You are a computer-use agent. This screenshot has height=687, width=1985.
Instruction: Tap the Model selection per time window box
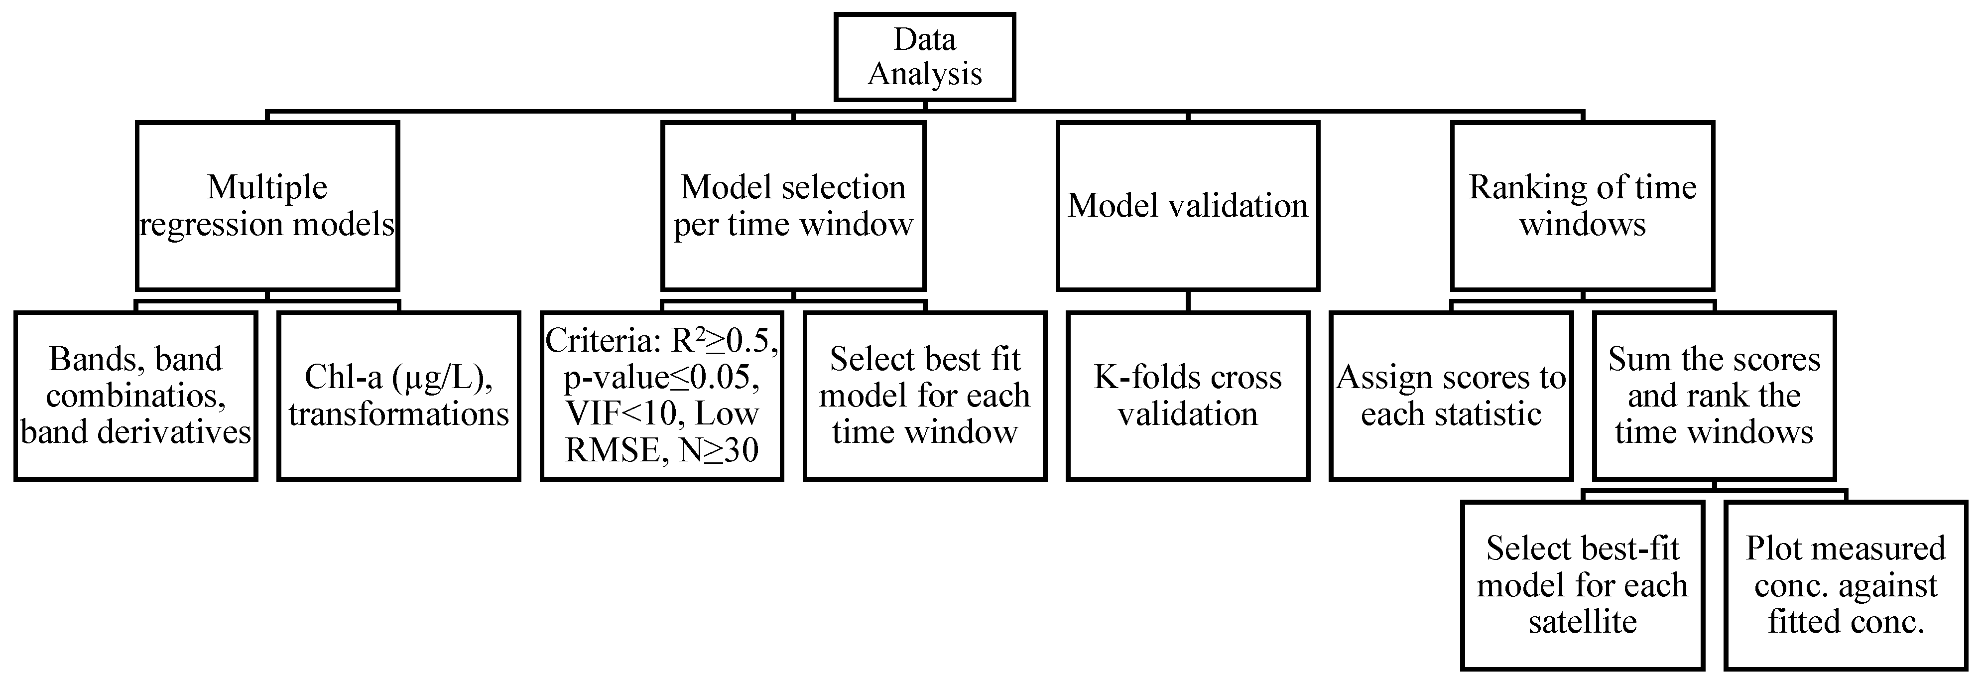(x=793, y=205)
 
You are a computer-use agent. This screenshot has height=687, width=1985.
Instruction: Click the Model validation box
(x=1187, y=205)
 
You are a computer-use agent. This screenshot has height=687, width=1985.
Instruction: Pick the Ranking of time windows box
(x=1582, y=205)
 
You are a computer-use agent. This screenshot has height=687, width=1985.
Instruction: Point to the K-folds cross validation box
(x=1187, y=396)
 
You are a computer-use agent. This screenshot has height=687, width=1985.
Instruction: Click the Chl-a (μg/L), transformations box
(x=398, y=396)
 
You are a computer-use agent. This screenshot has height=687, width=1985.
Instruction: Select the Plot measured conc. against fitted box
(x=1846, y=585)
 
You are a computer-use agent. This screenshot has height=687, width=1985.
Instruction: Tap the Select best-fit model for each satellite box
(x=1582, y=585)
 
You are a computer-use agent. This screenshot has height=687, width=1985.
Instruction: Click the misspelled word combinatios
(x=135, y=396)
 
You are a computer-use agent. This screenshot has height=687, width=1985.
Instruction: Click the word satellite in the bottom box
(x=1582, y=621)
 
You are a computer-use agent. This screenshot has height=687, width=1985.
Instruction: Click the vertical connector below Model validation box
(x=1187, y=301)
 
